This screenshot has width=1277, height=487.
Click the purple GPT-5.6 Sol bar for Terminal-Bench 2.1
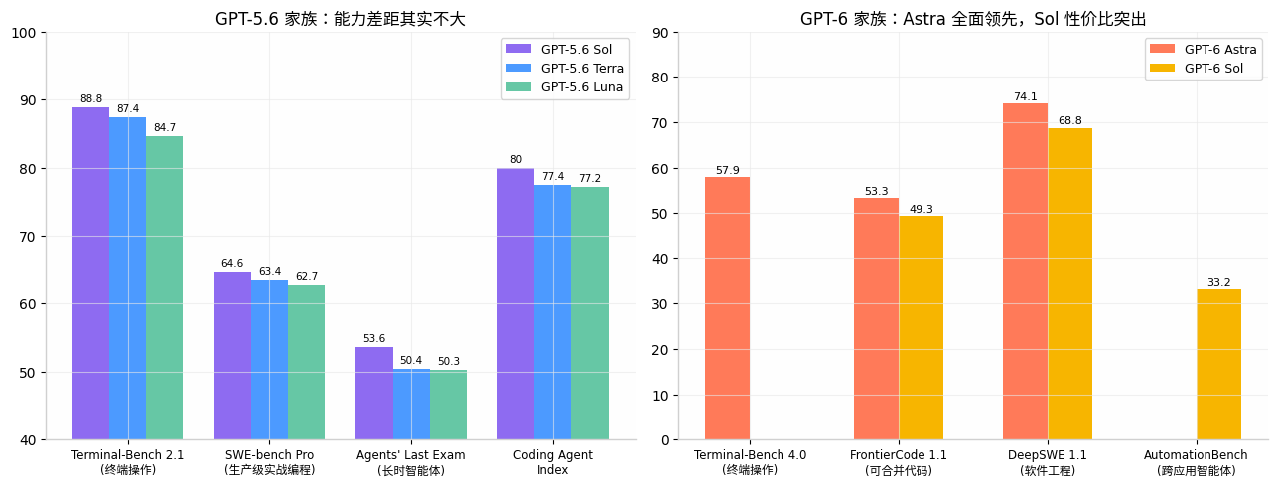90,273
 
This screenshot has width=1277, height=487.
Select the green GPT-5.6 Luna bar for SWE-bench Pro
306,363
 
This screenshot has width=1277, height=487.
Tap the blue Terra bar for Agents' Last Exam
411,405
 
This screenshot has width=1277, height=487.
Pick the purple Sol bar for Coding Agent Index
515,304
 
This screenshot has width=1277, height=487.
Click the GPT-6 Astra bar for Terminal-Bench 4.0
728,308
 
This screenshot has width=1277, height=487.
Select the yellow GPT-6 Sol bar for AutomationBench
1218,364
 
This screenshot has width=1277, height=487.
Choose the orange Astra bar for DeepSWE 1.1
1025,271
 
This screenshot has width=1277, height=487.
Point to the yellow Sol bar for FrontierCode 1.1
922,328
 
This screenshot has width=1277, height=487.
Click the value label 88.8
91,98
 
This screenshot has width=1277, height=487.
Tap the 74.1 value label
1026,96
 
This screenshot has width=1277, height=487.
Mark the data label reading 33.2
1218,282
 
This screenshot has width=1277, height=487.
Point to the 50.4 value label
411,360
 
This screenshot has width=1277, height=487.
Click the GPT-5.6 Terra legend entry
565,68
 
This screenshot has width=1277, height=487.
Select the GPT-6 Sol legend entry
1197,68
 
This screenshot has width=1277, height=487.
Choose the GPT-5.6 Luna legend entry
564,86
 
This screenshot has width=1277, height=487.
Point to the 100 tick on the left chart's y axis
24,33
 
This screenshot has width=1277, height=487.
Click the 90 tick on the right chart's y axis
660,33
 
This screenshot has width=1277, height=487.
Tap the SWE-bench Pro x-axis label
270,455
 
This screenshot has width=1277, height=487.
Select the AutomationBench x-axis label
1196,455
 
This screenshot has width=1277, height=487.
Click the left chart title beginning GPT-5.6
341,19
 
